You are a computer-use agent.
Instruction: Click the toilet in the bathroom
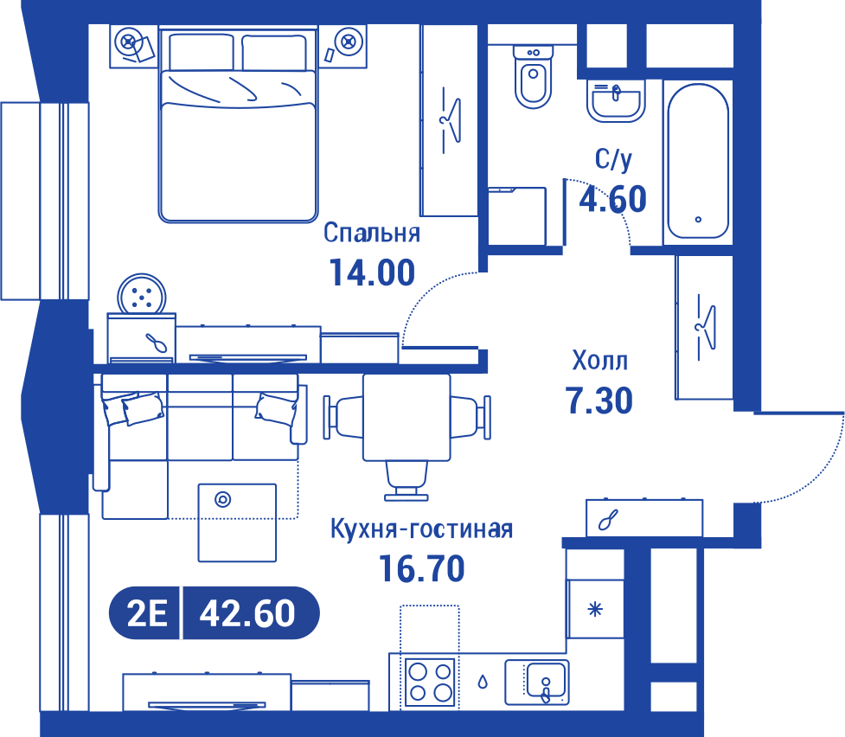coord(533,76)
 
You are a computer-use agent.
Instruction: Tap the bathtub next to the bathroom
coord(698,161)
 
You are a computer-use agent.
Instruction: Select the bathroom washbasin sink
coord(616,101)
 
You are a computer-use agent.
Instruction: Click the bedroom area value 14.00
coord(372,272)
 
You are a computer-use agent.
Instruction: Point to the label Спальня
coord(372,233)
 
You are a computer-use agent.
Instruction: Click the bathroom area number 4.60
coord(612,199)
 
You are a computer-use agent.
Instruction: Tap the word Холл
coord(599,360)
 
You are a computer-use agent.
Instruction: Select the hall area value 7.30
coord(599,401)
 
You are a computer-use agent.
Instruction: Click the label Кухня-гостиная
coord(421,529)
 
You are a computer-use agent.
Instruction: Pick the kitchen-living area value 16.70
coord(421,569)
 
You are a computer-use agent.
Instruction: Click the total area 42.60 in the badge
coord(247,613)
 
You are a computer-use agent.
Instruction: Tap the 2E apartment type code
coord(147,613)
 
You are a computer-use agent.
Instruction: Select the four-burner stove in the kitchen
coord(430,682)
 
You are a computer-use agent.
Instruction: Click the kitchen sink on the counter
coord(537,682)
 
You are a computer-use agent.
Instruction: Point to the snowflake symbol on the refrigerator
coord(595,610)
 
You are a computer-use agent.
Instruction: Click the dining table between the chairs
coord(406,417)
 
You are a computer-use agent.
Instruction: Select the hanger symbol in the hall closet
coord(706,327)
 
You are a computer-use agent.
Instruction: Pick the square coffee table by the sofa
coord(237,522)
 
